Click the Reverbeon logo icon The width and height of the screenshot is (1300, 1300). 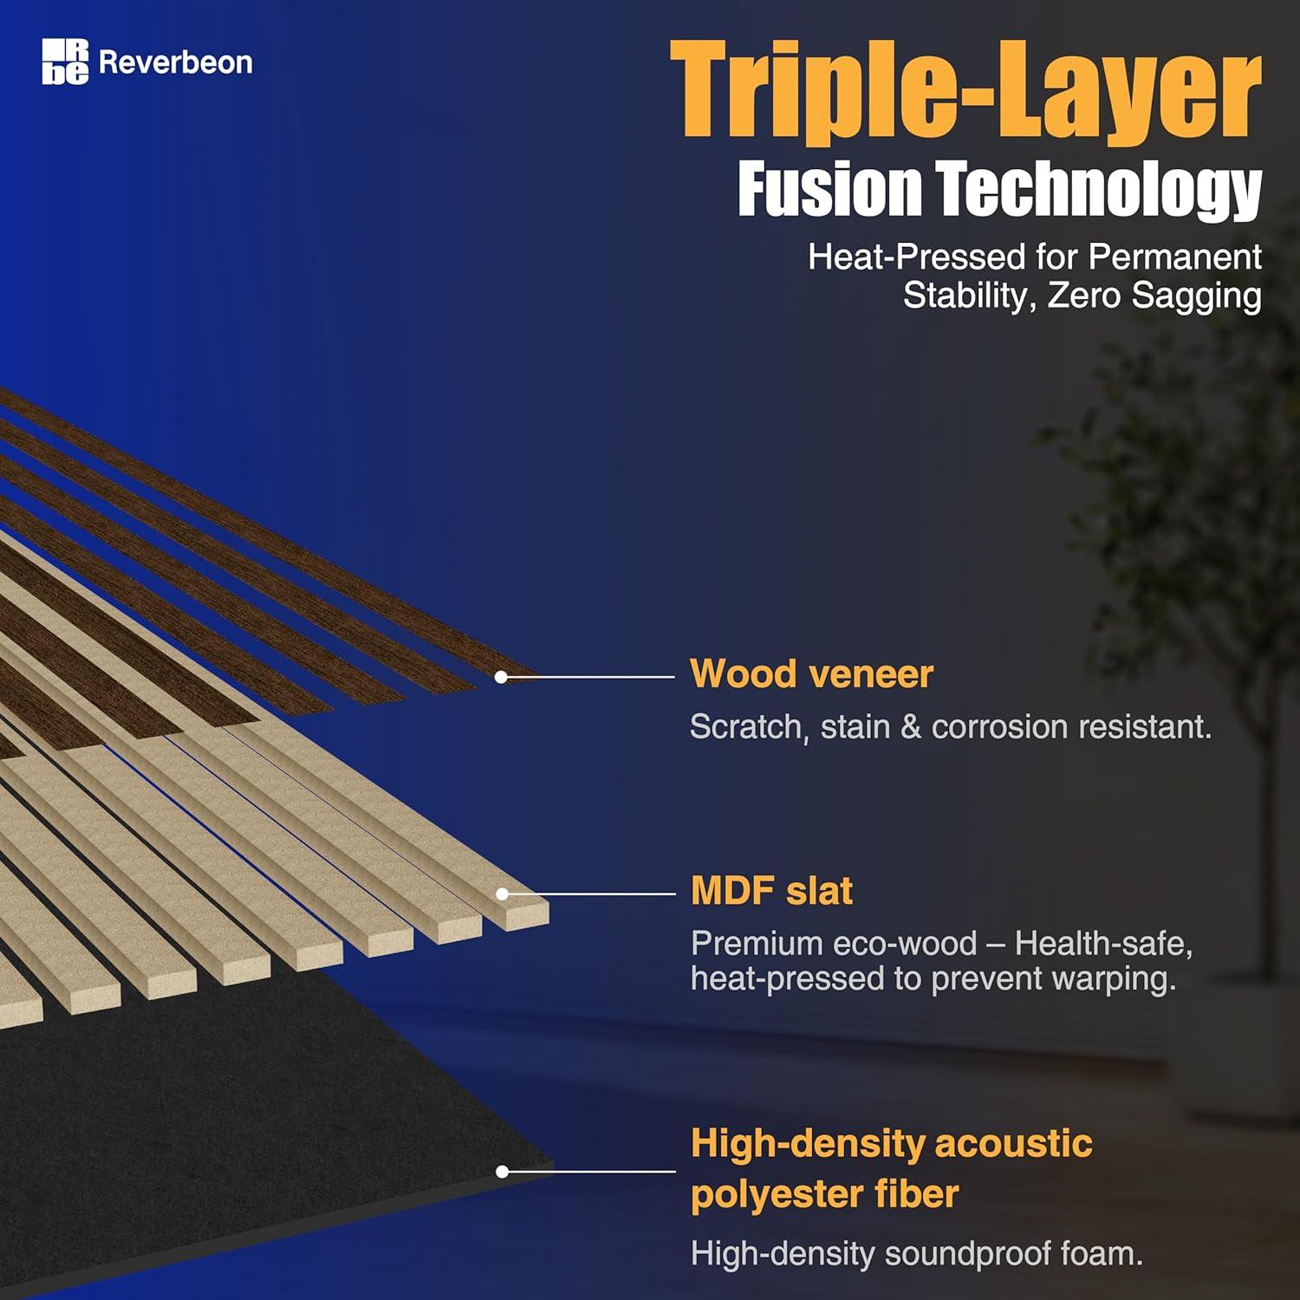point(65,62)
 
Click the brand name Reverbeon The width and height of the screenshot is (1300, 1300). point(176,62)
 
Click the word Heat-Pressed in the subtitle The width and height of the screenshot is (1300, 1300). point(917,257)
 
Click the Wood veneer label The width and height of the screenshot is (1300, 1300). point(811,673)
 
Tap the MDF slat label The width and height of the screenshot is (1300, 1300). point(771,891)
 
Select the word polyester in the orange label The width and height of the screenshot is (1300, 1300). point(772,1194)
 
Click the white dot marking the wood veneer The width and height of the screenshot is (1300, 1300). point(501,677)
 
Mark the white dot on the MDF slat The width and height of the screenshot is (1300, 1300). point(502,894)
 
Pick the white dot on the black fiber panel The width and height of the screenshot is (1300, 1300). point(502,1172)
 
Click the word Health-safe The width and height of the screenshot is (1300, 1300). point(1103,943)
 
